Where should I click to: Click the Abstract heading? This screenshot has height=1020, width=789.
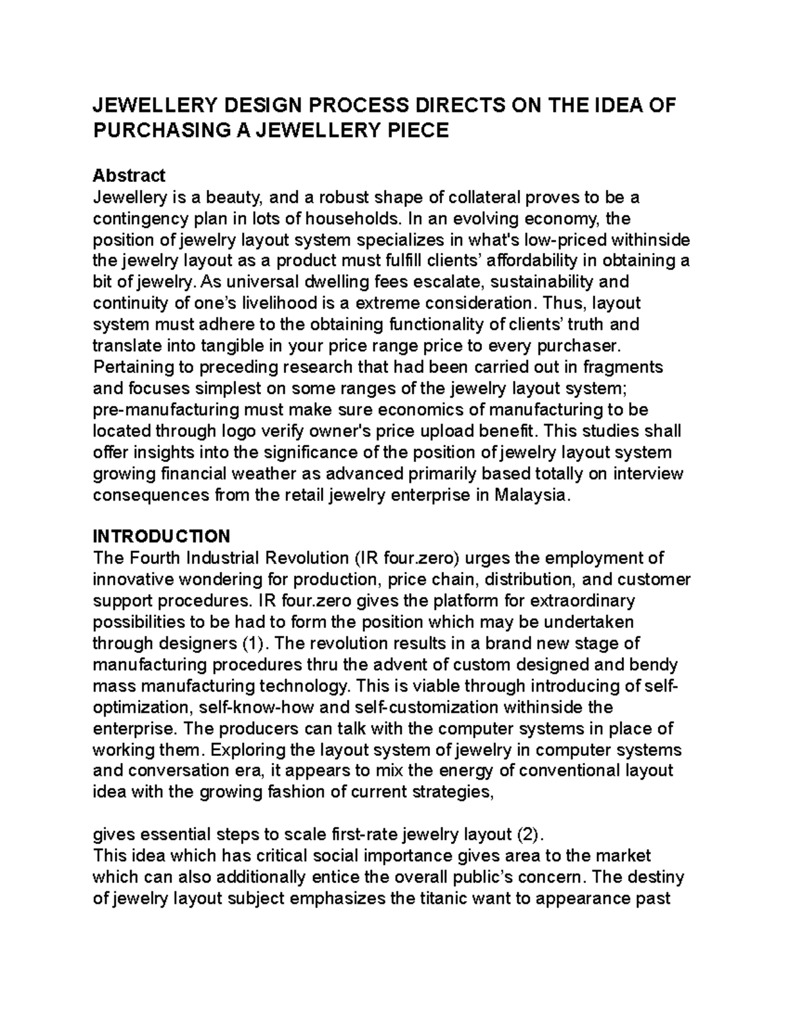tap(129, 175)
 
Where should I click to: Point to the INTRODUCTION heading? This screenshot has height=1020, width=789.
tap(161, 536)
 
